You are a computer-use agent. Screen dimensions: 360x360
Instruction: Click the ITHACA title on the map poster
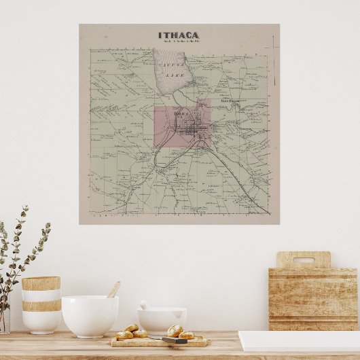(x=179, y=35)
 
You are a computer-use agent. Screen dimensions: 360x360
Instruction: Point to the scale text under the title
(x=179, y=43)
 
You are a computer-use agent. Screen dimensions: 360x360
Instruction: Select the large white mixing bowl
(x=90, y=315)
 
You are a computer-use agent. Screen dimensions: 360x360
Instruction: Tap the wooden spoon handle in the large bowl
(x=113, y=289)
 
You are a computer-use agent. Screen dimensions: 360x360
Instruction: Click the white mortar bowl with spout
(x=162, y=319)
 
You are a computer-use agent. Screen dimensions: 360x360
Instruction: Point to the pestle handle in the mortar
(x=144, y=305)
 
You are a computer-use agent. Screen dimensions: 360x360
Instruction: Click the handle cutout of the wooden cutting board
(x=303, y=260)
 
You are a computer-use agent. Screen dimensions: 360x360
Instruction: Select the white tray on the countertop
(x=299, y=340)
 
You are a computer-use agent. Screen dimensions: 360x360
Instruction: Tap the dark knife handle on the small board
(x=174, y=340)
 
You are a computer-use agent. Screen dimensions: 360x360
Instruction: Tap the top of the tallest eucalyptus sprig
(x=25, y=208)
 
